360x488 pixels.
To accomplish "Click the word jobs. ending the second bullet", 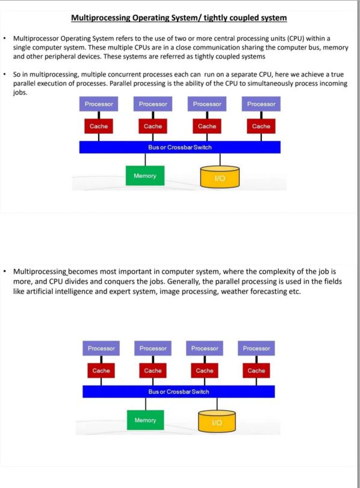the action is (x=20, y=92).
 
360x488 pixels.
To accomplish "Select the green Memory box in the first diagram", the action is (x=145, y=175).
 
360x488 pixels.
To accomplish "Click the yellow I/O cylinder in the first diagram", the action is (x=220, y=177).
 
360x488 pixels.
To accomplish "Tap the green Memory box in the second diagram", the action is (x=145, y=420).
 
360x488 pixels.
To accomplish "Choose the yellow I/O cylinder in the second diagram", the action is (x=217, y=421).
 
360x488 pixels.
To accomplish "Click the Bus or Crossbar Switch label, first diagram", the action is (x=179, y=147).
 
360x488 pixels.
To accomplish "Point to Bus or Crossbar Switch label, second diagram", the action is (x=178, y=392).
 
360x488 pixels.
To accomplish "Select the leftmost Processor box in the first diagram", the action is (x=99, y=104).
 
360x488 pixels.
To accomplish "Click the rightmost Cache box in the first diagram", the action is (x=261, y=127).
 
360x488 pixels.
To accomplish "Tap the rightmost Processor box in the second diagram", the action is (x=256, y=348).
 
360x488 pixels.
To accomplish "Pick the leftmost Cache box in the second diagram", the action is (x=101, y=371).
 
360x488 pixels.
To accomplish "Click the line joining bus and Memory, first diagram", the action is (x=145, y=160).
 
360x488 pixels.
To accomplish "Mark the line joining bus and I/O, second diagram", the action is (x=217, y=404).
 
